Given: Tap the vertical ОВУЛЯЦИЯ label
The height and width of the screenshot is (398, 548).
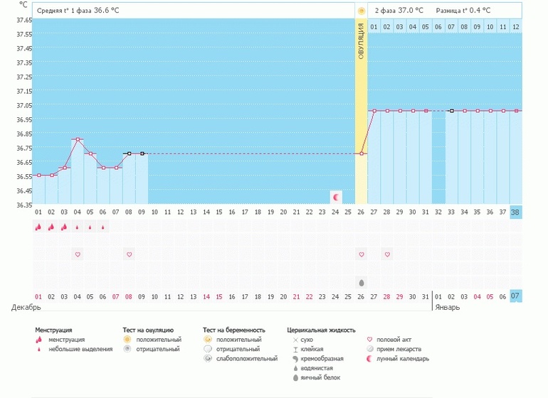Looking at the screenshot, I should tap(361, 41).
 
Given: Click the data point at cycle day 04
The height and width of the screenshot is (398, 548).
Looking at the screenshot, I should tap(78, 139).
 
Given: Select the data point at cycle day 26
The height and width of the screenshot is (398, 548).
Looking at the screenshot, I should tap(362, 154).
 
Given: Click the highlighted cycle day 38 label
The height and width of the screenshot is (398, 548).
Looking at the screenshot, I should tap(516, 212).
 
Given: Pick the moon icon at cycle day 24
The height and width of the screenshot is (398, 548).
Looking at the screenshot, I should tap(336, 196).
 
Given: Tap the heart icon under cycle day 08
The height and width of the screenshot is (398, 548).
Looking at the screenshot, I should tap(129, 254).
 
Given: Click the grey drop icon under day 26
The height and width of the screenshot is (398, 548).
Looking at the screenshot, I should tap(362, 282).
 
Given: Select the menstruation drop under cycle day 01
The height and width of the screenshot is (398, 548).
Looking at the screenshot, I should tap(38, 227).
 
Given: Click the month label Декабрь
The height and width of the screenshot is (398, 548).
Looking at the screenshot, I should tap(26, 308).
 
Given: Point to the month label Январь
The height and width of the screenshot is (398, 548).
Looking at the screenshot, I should tap(447, 308).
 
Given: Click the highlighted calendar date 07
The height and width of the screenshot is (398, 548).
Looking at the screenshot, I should tap(516, 296).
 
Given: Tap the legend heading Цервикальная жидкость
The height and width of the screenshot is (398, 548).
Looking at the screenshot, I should tap(320, 330).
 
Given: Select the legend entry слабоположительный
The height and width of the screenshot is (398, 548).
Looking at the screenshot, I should tap(247, 358).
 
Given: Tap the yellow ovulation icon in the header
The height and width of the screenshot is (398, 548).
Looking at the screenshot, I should tap(362, 11).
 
